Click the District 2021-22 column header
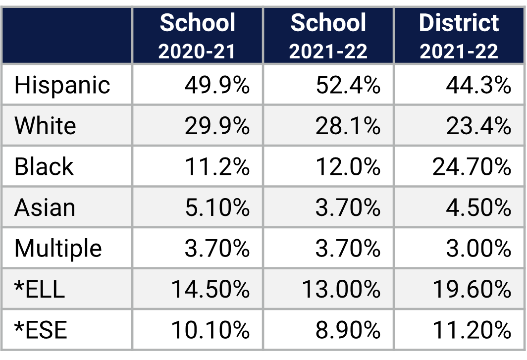(x=459, y=36)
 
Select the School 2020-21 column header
(x=198, y=36)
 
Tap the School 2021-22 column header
(x=328, y=36)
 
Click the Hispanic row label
(x=62, y=85)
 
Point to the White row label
(x=45, y=126)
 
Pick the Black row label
(x=44, y=166)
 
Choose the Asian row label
(x=45, y=207)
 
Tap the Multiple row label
(x=58, y=248)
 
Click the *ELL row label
(x=40, y=289)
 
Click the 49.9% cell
(x=217, y=85)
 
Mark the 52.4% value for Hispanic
(x=348, y=85)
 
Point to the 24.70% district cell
(x=472, y=167)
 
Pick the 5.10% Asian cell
(x=217, y=207)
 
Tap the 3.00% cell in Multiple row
(x=478, y=248)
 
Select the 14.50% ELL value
(x=210, y=289)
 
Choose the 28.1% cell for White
(x=348, y=126)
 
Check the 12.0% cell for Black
(x=348, y=167)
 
